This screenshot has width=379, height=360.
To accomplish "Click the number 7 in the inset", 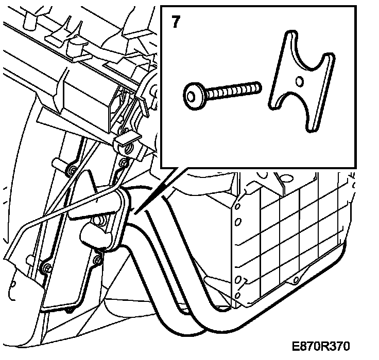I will (176, 23).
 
